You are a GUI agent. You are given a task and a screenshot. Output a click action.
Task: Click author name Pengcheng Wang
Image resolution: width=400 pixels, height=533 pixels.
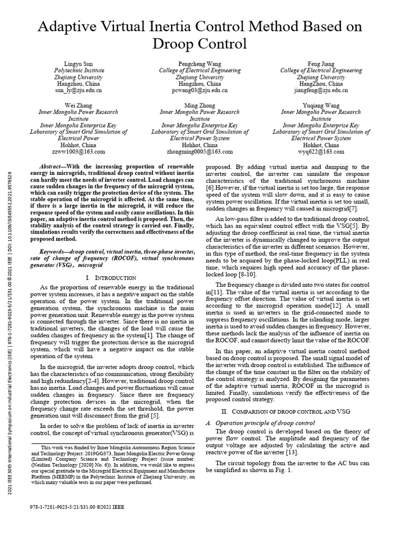coord(199,64)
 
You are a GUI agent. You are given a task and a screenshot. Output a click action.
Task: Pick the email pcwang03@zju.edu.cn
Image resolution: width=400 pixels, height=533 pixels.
coord(199,90)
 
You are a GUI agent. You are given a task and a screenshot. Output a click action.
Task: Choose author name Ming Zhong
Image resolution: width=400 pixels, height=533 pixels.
coord(199,105)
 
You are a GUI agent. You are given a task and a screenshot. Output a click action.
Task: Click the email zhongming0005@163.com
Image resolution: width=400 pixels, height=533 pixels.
coord(199,152)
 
